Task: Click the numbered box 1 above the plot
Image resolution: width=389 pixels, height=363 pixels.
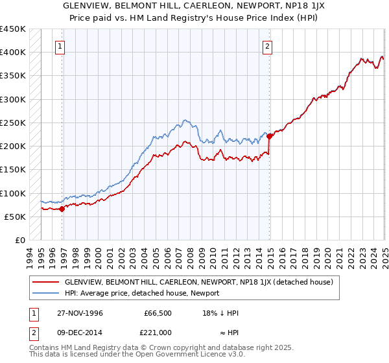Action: pyautogui.click(x=60, y=46)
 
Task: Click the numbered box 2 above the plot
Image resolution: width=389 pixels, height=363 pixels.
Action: pyautogui.click(x=267, y=46)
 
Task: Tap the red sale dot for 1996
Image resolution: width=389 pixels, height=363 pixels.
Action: pyautogui.click(x=62, y=209)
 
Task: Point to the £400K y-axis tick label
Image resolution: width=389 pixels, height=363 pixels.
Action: pyautogui.click(x=12, y=53)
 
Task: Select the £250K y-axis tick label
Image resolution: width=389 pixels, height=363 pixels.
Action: pyautogui.click(x=12, y=123)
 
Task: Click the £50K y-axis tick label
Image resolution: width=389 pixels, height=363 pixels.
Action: pyautogui.click(x=15, y=217)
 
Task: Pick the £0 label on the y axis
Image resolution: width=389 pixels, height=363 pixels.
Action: pyautogui.click(x=19, y=240)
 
